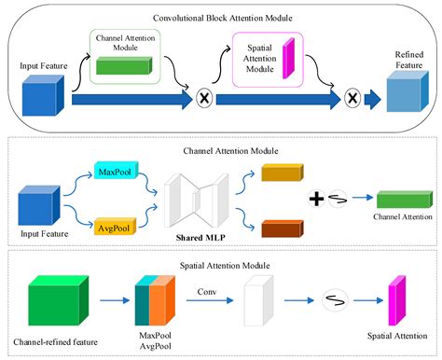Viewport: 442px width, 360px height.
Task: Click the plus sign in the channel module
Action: (x=315, y=198)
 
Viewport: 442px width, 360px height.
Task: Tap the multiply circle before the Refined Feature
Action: (x=352, y=98)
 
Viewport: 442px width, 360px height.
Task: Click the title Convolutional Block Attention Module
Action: (x=220, y=18)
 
